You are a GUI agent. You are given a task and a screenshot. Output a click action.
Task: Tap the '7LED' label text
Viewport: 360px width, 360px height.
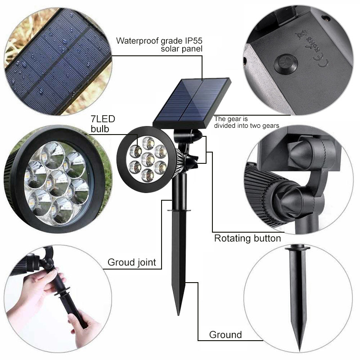click(x=103, y=119)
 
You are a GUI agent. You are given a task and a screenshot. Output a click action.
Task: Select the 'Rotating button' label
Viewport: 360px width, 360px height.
click(x=247, y=238)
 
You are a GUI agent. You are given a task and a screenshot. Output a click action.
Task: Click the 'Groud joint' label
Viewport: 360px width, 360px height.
click(x=132, y=262)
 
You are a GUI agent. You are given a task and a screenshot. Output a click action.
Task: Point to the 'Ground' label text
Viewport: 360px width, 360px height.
click(x=225, y=335)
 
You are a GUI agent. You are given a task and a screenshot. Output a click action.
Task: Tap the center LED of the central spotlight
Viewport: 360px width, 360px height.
click(x=148, y=159)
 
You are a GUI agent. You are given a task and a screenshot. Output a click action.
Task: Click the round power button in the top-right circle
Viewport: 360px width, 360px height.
click(x=286, y=63)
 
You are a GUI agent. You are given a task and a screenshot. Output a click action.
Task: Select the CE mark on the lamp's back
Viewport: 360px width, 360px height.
click(x=323, y=61)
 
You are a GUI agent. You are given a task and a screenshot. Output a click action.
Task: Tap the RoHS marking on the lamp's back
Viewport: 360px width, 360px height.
click(x=313, y=45)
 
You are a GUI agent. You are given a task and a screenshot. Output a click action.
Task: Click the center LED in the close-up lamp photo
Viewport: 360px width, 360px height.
click(x=58, y=183)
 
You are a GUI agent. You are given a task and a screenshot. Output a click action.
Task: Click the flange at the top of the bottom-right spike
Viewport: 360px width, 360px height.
click(x=297, y=248)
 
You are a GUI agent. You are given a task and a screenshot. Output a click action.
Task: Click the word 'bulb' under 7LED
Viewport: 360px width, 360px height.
click(x=99, y=129)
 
